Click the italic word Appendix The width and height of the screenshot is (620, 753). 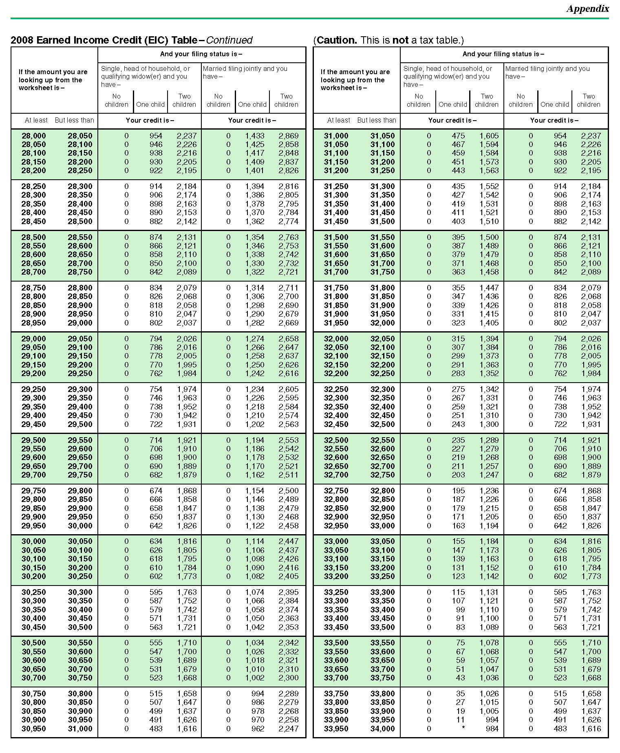click(587, 9)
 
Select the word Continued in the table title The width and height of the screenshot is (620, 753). click(229, 40)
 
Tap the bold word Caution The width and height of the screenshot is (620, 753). click(337, 40)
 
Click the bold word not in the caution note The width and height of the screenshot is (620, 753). click(400, 40)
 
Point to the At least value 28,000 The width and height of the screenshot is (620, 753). click(33, 136)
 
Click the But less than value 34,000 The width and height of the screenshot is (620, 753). click(382, 729)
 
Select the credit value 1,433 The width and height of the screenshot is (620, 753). click(254, 136)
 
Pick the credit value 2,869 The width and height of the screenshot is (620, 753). click(288, 136)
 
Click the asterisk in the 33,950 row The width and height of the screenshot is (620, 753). click(463, 728)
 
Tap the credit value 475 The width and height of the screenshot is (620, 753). click(458, 136)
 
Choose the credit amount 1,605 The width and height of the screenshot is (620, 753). click(489, 136)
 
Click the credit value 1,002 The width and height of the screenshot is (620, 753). click(254, 678)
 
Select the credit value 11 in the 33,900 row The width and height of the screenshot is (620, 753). click(460, 720)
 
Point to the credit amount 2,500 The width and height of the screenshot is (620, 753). click(288, 491)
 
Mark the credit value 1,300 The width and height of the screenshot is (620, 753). click(489, 424)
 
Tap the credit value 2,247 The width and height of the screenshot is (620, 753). click(288, 729)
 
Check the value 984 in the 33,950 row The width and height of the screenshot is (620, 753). click(492, 729)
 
